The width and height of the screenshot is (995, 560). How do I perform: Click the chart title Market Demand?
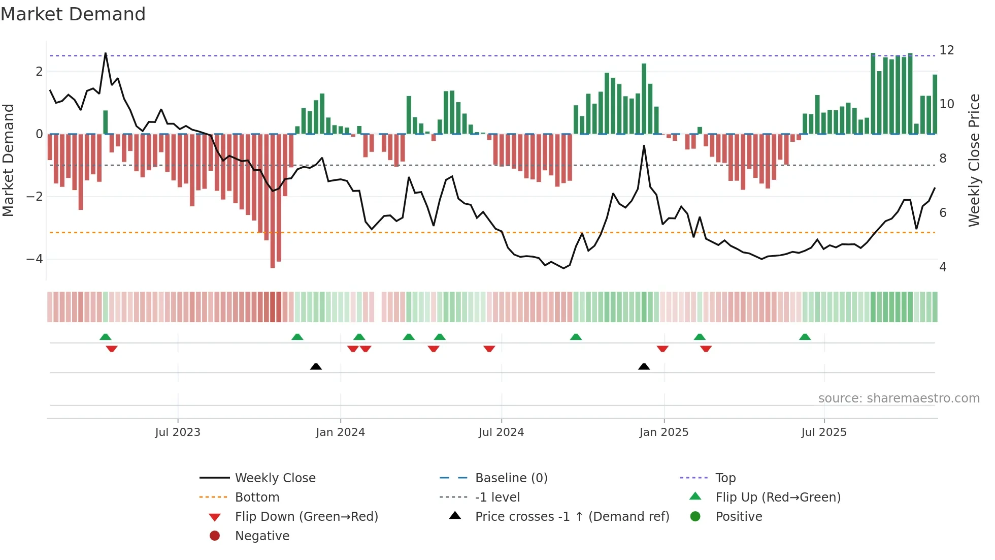click(73, 14)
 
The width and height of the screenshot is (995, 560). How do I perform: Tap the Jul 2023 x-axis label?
click(178, 432)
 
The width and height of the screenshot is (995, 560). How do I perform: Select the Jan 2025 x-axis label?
click(664, 432)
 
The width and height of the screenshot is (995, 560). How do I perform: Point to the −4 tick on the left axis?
click(35, 259)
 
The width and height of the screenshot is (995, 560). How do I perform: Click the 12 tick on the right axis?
click(946, 50)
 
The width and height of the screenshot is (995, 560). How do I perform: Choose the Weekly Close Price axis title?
click(974, 160)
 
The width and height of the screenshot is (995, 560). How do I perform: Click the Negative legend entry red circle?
click(215, 536)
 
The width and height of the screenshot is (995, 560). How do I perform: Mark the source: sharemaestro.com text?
click(899, 398)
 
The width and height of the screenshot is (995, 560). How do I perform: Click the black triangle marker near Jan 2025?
click(644, 366)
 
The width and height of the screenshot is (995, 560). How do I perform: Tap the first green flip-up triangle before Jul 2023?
click(105, 337)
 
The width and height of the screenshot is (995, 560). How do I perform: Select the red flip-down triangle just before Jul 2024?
click(489, 349)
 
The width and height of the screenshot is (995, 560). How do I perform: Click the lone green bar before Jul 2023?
click(106, 122)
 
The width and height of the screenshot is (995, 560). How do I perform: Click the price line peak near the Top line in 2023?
click(106, 53)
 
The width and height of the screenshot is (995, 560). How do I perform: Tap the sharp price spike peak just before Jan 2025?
click(644, 146)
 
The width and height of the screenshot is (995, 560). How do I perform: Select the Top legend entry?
click(725, 478)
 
